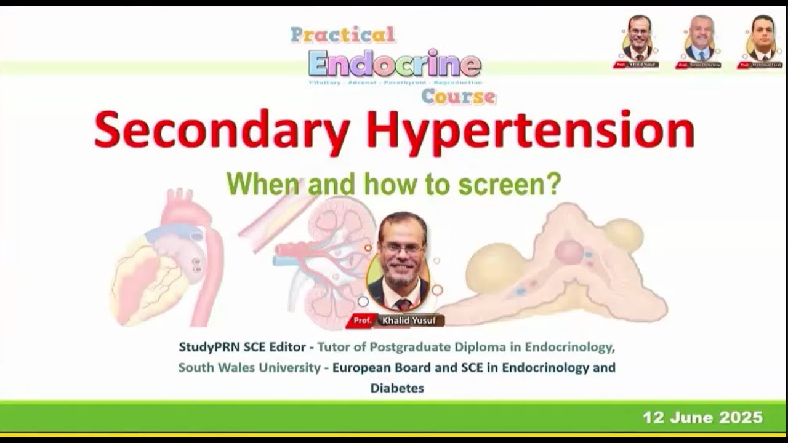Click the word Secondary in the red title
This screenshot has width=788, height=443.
coord(222,130)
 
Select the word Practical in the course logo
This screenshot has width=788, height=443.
coord(343,35)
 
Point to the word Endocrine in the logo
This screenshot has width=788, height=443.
coord(395,63)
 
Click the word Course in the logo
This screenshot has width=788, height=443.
coord(459,96)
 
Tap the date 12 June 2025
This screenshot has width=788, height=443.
coord(702,418)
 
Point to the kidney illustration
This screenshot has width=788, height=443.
coord(320,258)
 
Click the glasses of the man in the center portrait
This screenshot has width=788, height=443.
coord(401,248)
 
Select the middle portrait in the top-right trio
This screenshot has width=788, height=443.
coord(699,38)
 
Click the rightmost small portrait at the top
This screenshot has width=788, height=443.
coord(762,38)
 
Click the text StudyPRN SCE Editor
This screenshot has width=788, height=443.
coord(242,347)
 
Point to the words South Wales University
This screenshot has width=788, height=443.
coord(249,368)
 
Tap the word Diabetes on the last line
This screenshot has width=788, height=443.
coord(397,388)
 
